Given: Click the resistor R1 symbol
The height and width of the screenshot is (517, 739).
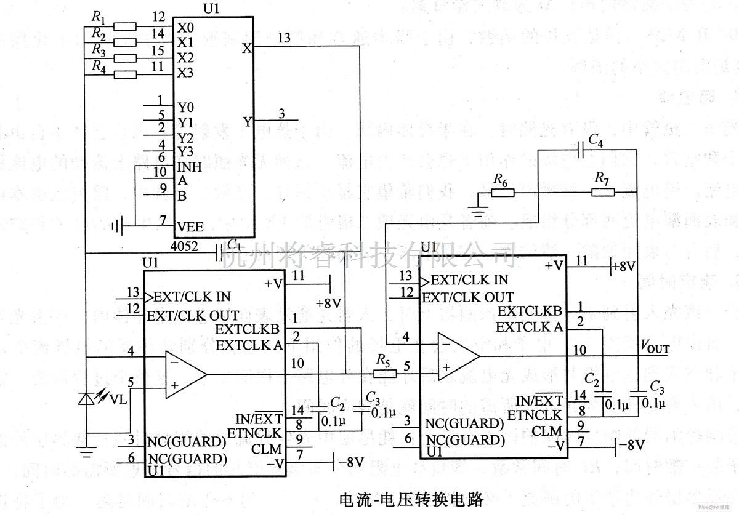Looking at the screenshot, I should (x=126, y=26).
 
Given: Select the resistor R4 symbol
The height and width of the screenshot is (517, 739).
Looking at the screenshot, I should (x=126, y=74).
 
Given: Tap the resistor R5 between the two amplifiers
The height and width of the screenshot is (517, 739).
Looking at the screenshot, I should (x=382, y=373).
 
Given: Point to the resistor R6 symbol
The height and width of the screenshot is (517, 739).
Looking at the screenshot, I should (x=502, y=192).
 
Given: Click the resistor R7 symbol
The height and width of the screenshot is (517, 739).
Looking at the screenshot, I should (x=603, y=192).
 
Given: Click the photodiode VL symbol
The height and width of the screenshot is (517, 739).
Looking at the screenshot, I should (x=86, y=399).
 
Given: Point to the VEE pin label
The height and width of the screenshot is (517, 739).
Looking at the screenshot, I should (x=190, y=226).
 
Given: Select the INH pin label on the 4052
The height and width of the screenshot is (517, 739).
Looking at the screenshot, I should (x=190, y=166).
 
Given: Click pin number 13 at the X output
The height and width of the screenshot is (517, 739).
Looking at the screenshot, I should (x=284, y=38).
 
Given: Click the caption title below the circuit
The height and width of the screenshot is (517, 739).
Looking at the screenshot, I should (x=403, y=497).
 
